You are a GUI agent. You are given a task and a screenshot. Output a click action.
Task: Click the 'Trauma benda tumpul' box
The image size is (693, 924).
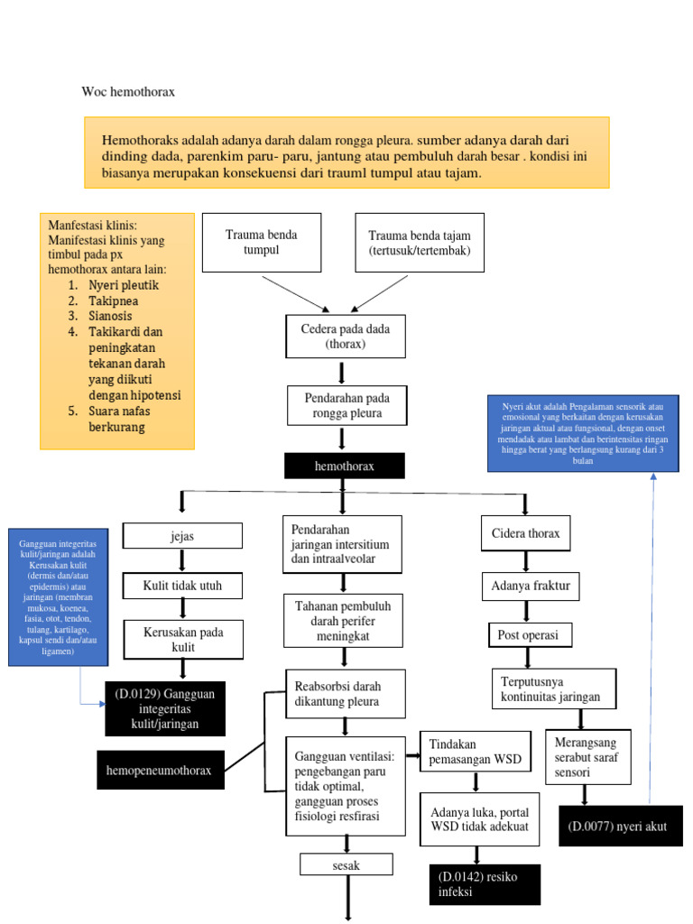(x=262, y=242)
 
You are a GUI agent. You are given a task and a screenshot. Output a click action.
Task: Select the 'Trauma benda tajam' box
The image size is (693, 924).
(x=420, y=242)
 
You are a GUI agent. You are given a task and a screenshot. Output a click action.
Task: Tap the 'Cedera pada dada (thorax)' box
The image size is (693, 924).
(x=345, y=337)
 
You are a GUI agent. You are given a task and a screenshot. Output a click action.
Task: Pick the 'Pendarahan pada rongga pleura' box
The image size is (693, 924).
(x=346, y=406)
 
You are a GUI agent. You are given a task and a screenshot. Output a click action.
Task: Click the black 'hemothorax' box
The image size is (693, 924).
(x=344, y=466)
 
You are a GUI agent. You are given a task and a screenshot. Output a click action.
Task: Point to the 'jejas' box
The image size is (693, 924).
(x=182, y=535)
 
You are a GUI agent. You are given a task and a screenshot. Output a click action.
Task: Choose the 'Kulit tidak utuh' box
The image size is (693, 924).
(x=182, y=586)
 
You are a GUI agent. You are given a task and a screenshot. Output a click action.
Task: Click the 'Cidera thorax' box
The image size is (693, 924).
(x=525, y=533)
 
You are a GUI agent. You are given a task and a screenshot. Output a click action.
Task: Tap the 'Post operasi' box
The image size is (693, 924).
(x=528, y=635)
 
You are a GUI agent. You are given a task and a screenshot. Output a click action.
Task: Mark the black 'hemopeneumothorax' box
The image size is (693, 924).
(x=161, y=771)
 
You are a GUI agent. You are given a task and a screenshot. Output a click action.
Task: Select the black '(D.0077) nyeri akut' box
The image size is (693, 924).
(x=618, y=826)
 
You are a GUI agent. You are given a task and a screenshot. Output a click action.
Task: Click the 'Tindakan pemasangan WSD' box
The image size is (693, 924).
(x=475, y=752)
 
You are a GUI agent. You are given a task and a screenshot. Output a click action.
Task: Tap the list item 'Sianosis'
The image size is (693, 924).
(x=110, y=316)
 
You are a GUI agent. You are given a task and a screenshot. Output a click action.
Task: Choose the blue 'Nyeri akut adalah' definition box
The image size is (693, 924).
(x=583, y=433)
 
